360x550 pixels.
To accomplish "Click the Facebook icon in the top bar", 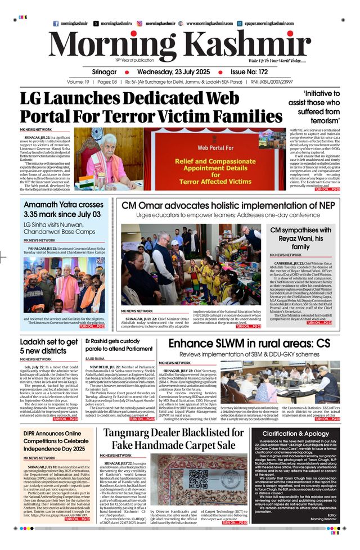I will pos(56,24).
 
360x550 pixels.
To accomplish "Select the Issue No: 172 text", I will pos(258,72).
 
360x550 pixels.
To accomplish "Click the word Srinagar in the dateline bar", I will pos(104,72).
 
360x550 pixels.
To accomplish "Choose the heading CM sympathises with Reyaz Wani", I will pos(301,238).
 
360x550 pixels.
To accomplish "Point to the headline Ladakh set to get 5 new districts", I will pos(49,347).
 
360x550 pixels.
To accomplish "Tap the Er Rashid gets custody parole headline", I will pos(119,345).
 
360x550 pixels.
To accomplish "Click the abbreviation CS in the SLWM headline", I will pos(322,344).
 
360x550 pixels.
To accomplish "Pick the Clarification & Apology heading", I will pos(295,434).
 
